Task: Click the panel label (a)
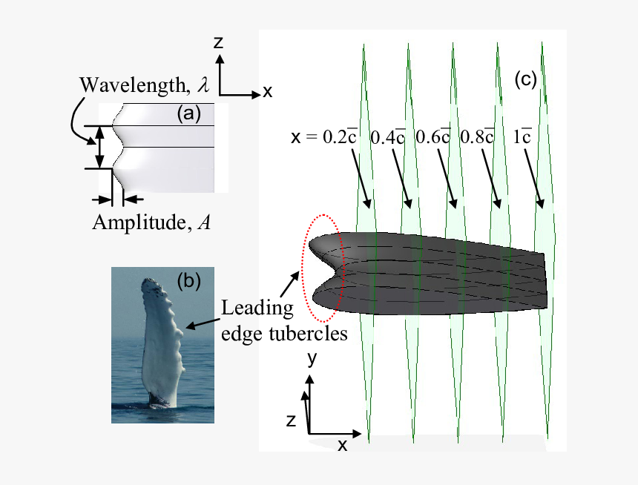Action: coord(188,113)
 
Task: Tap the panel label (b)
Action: coord(189,281)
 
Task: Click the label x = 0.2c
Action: coord(324,136)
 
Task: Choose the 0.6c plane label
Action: coord(433,136)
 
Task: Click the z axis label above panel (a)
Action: coord(219,43)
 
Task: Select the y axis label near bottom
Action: coord(312,359)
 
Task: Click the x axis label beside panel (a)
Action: coord(268,92)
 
